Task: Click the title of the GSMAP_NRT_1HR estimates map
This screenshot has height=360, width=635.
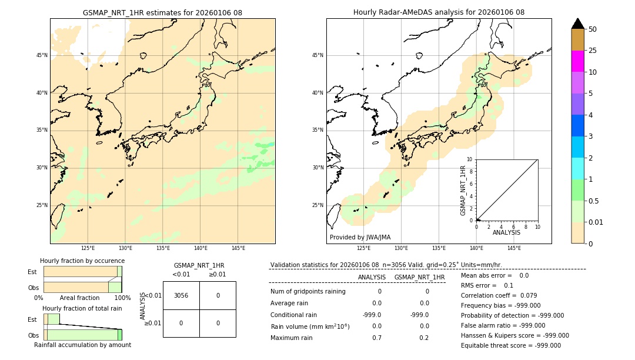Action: click(x=162, y=12)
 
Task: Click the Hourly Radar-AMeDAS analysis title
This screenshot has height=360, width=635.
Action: click(x=439, y=12)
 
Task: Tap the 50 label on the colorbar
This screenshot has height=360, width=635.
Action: click(x=593, y=29)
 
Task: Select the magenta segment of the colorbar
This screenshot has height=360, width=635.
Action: click(x=577, y=61)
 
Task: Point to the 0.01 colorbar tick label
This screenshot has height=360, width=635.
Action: click(x=596, y=222)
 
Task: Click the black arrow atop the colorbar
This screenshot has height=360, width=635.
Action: click(x=577, y=24)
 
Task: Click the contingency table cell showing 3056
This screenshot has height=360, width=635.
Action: click(x=181, y=295)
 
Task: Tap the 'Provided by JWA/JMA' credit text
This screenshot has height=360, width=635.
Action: click(x=360, y=238)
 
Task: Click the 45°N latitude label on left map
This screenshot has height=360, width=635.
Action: click(x=42, y=55)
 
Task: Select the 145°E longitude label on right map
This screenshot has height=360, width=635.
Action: click(x=514, y=248)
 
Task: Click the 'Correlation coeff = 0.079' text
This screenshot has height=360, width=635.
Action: click(x=499, y=295)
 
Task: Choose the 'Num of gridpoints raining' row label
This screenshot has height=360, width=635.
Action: click(x=308, y=292)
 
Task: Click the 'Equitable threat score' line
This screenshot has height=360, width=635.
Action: click(x=510, y=345)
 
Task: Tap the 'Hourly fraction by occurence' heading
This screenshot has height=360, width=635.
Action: click(x=82, y=261)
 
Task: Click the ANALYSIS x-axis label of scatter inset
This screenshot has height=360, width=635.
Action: click(x=506, y=233)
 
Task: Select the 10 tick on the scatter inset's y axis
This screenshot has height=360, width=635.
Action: click(x=470, y=159)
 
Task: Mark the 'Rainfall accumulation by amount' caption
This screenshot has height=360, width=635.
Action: click(x=82, y=345)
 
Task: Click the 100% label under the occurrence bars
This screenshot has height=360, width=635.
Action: click(x=122, y=298)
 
